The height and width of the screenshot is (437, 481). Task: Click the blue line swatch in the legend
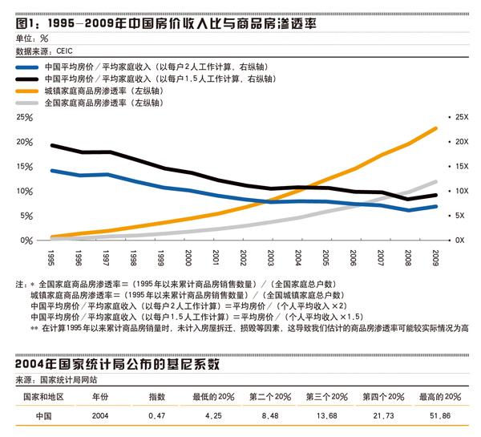point(30,68)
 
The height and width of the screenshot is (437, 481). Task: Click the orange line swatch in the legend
point(30,91)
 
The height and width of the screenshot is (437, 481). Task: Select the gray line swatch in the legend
point(30,103)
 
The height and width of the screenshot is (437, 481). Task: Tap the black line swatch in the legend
point(30,80)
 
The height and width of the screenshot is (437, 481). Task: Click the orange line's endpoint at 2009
point(436,128)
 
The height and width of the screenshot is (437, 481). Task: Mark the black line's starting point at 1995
point(51,145)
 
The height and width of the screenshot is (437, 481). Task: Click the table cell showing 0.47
point(156,415)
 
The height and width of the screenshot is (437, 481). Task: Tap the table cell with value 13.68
point(327,415)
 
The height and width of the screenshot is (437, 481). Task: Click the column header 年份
point(100,396)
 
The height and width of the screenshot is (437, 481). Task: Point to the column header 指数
point(156,396)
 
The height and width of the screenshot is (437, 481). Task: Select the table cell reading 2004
point(100,415)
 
